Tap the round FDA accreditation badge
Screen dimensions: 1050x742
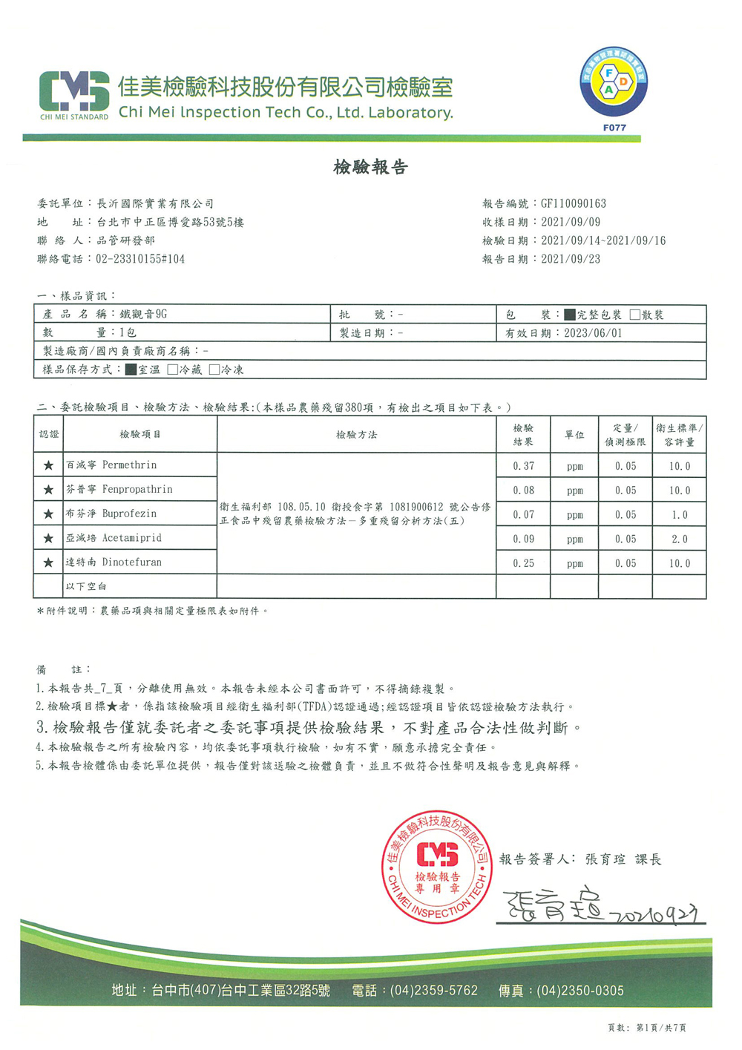click(x=613, y=82)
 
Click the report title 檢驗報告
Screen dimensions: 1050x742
click(x=370, y=167)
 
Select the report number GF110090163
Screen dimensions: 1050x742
click(x=573, y=203)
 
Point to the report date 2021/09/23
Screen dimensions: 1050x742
click(x=570, y=259)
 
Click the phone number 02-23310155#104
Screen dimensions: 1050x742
click(x=140, y=259)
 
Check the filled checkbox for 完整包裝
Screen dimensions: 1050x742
click(x=569, y=315)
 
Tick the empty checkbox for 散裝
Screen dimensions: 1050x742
click(x=634, y=315)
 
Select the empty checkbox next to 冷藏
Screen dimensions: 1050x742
click(x=173, y=370)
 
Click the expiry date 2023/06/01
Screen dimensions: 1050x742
click(x=593, y=333)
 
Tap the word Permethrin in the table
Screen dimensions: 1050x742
click(x=129, y=465)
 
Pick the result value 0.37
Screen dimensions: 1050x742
click(x=523, y=466)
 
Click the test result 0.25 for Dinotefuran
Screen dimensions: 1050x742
click(x=523, y=563)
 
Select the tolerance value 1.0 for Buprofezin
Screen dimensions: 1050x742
click(x=679, y=515)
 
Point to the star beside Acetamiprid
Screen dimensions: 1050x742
click(x=48, y=539)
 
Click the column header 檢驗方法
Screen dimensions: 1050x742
click(x=356, y=435)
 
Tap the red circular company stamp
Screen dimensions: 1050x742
click(x=437, y=867)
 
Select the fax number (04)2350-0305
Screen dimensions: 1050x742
click(x=580, y=991)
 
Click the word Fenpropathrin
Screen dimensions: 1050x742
click(x=137, y=490)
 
